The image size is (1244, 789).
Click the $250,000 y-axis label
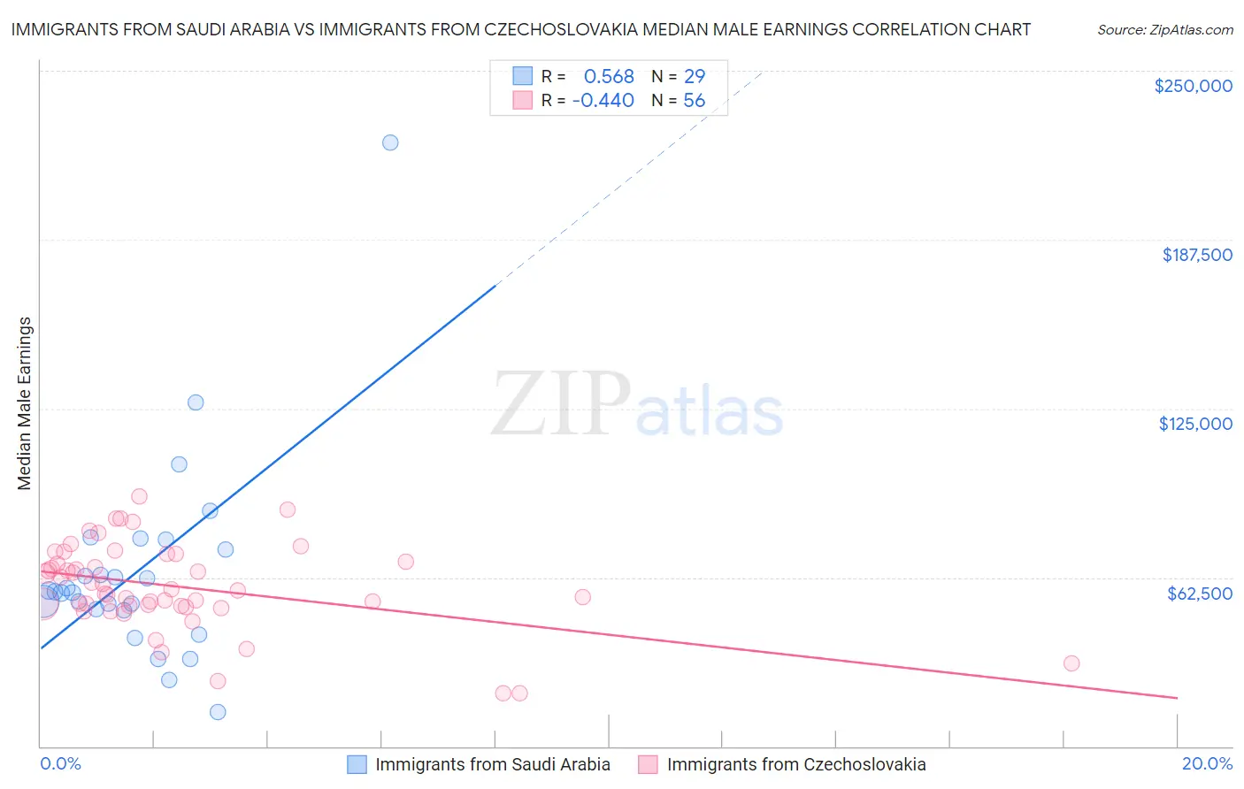(x=1193, y=86)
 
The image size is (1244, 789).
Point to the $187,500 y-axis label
(x=1197, y=255)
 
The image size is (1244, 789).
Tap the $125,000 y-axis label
(x=1195, y=424)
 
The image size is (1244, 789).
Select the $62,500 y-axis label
(x=1199, y=594)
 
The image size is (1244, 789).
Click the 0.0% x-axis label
(x=60, y=763)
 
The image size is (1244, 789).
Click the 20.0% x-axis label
(x=1207, y=763)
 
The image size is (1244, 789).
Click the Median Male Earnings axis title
(x=25, y=403)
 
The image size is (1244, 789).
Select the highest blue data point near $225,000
(x=390, y=142)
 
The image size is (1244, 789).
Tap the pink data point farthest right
(x=1071, y=663)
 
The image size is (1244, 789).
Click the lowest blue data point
(x=218, y=712)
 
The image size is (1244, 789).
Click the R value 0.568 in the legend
(x=609, y=77)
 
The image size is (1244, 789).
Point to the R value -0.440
(x=603, y=101)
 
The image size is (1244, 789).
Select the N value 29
(x=695, y=77)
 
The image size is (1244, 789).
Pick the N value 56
(x=695, y=101)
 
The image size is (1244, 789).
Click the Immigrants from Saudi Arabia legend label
(x=493, y=764)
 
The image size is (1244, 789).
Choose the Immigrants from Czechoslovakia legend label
(x=796, y=764)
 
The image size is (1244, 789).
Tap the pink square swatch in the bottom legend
(x=648, y=764)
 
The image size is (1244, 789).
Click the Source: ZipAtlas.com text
(x=1164, y=30)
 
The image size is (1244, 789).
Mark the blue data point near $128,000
(x=196, y=402)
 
